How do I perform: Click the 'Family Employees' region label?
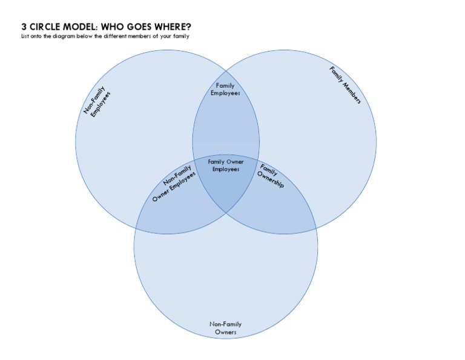point(225,90)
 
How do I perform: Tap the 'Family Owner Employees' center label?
point(225,165)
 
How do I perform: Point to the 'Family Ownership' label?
point(269,175)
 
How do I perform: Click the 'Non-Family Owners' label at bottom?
point(225,328)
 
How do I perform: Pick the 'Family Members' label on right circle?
point(345,85)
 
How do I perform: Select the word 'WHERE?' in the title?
point(174,27)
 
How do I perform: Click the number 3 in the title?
point(24,27)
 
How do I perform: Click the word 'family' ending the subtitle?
point(182,36)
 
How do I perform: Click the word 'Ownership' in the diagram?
point(270,180)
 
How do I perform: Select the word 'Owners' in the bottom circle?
point(225,332)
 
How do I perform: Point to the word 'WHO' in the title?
point(113,27)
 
